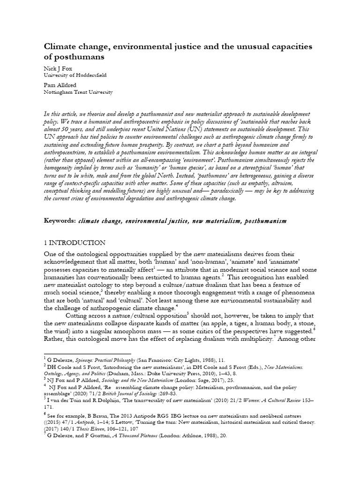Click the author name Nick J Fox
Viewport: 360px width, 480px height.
pyautogui.click(x=59, y=67)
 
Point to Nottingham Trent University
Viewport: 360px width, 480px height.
pyautogui.click(x=78, y=93)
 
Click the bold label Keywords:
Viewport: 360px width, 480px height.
pyautogui.click(x=60, y=220)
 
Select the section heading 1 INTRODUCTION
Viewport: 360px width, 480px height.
pyautogui.click(x=75, y=243)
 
